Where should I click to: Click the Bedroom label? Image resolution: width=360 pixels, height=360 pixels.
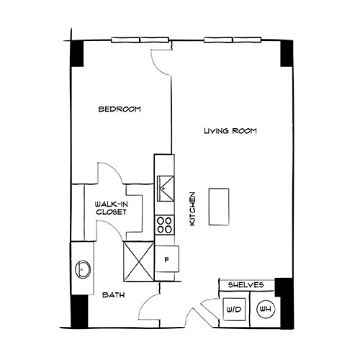pyautogui.click(x=120, y=109)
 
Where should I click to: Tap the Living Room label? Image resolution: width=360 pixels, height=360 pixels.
pyautogui.click(x=230, y=132)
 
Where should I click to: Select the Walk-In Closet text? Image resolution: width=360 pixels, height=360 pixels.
pyautogui.click(x=112, y=209)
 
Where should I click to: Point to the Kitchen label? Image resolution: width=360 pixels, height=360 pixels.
pyautogui.click(x=192, y=210)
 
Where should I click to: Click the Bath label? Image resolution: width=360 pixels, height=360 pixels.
pyautogui.click(x=112, y=295)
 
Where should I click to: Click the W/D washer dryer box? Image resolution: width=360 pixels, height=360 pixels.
pyautogui.click(x=233, y=310)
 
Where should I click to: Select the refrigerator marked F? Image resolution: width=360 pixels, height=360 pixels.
pyautogui.click(x=167, y=258)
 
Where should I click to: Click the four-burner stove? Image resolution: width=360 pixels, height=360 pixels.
pyautogui.click(x=165, y=225)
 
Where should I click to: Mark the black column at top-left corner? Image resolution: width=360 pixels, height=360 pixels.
pyautogui.click(x=77, y=53)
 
